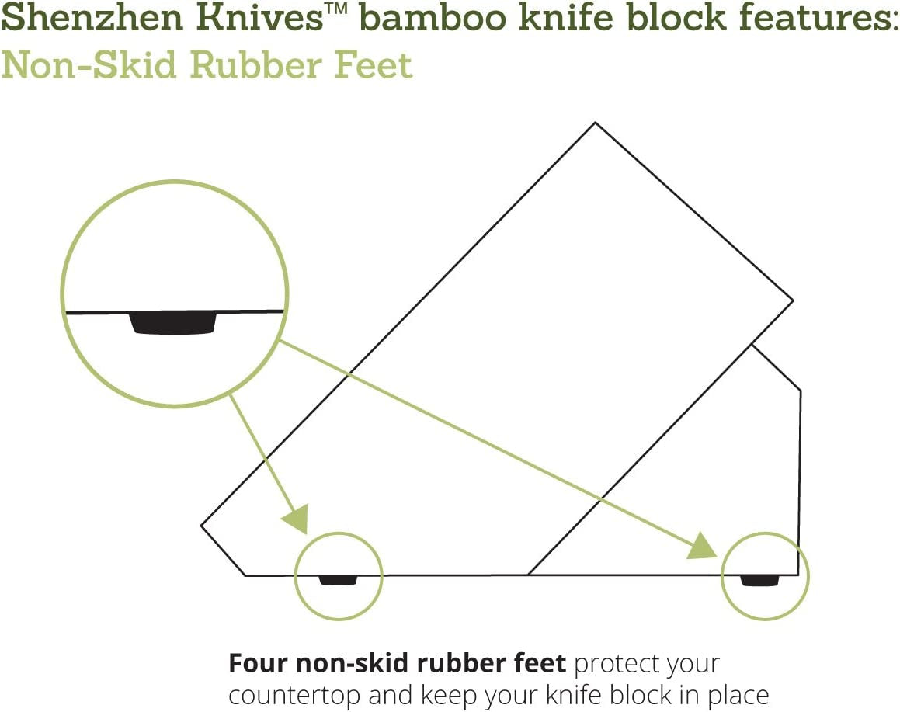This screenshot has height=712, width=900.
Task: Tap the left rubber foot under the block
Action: point(338,579)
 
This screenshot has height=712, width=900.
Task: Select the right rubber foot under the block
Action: point(759,579)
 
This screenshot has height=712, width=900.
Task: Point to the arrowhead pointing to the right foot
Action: point(704,547)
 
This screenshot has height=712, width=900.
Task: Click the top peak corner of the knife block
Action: point(596,123)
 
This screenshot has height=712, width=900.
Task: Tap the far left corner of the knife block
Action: point(202,526)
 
